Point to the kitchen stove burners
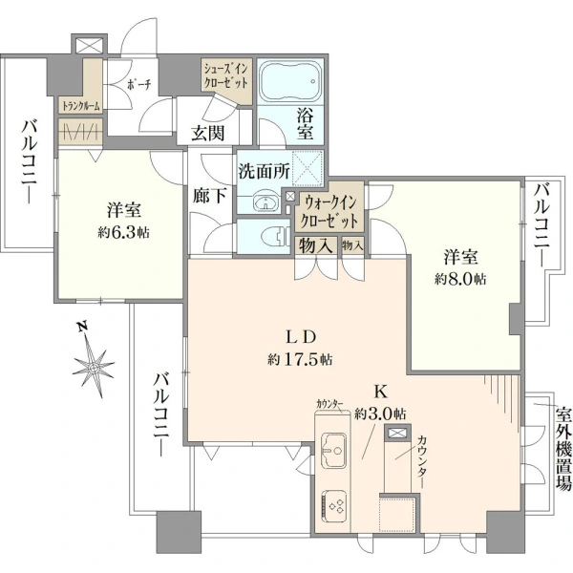(x=336, y=502)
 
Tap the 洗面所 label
(x=264, y=175)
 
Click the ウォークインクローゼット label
(x=329, y=209)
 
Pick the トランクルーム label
(x=80, y=107)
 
